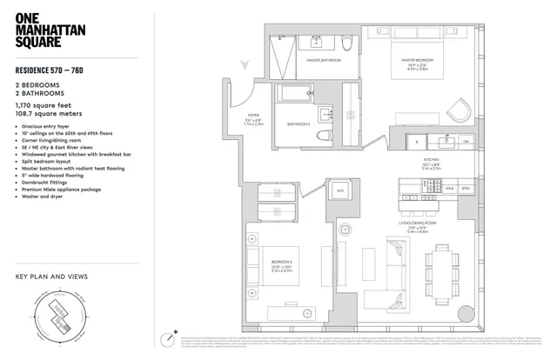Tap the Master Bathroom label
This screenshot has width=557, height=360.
click(324, 61)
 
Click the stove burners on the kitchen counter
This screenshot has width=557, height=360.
click(416, 199)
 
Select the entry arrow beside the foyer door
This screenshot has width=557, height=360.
click(246, 62)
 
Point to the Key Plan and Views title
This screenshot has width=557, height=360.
click(51, 277)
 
